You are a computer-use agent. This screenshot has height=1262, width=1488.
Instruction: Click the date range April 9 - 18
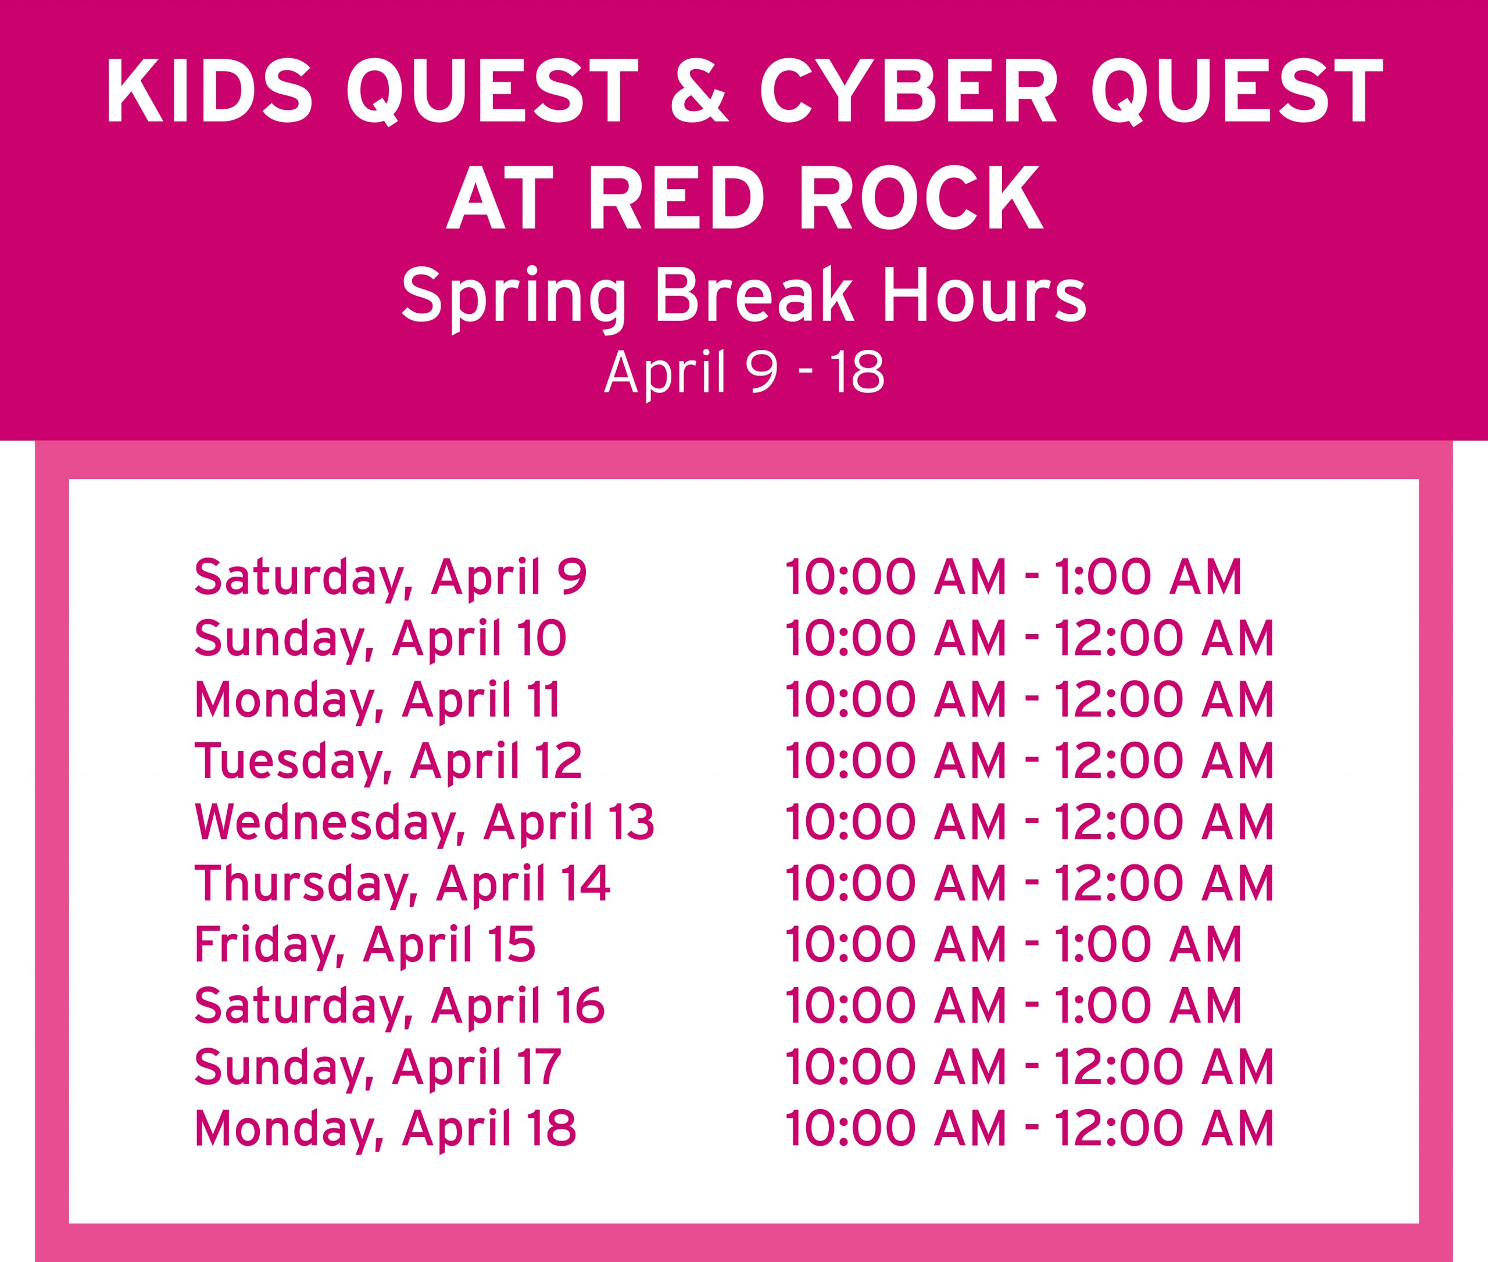(x=744, y=373)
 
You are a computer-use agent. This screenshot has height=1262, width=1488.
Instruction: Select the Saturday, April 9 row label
(x=391, y=578)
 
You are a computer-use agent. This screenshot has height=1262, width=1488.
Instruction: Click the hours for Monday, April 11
(x=1029, y=700)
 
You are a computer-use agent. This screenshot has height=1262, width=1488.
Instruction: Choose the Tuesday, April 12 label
(x=388, y=760)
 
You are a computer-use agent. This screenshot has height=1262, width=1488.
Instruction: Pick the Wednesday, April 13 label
(x=424, y=822)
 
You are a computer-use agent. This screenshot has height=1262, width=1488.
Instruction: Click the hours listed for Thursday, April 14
(x=1029, y=883)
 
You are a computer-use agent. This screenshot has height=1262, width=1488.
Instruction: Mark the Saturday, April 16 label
(x=399, y=1005)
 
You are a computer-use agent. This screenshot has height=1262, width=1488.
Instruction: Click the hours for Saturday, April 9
(x=1013, y=578)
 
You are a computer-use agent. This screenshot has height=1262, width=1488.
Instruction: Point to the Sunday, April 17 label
(x=378, y=1067)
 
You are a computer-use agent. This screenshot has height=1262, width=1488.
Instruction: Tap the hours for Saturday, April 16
(x=1013, y=1005)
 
